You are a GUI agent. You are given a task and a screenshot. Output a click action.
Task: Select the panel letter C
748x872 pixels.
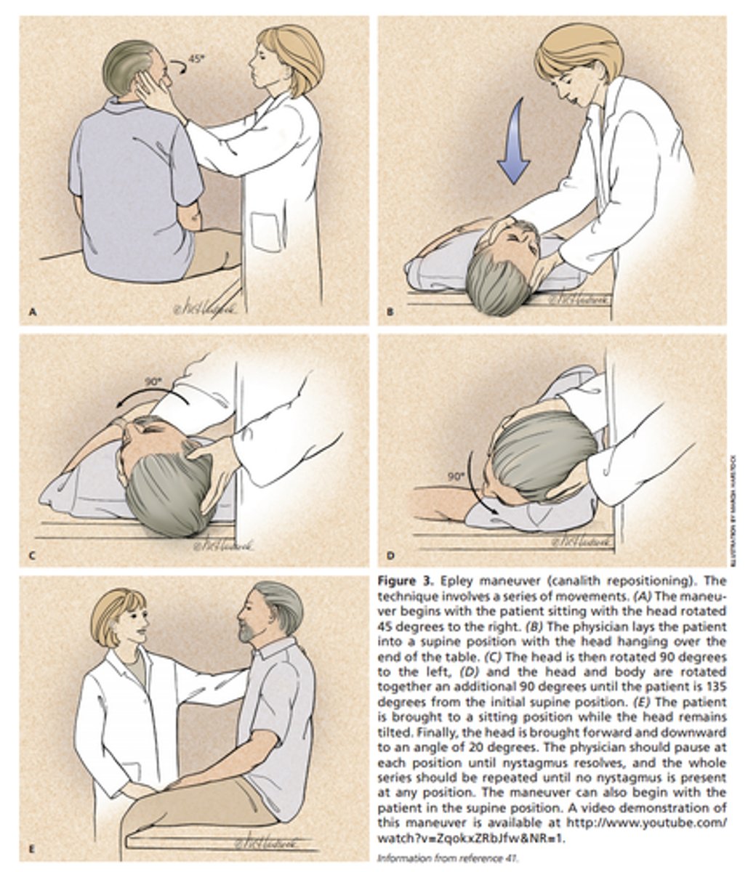point(31,557)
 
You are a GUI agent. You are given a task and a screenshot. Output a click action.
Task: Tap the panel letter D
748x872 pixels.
point(390,557)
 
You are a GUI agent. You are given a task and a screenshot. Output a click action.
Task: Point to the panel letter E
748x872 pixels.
point(31,848)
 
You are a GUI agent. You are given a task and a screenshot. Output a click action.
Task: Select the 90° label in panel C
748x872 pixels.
point(151,381)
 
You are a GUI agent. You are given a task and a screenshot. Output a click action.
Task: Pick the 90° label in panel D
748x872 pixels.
point(455,477)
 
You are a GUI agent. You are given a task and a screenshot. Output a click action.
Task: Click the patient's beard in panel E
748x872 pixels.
point(249,634)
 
